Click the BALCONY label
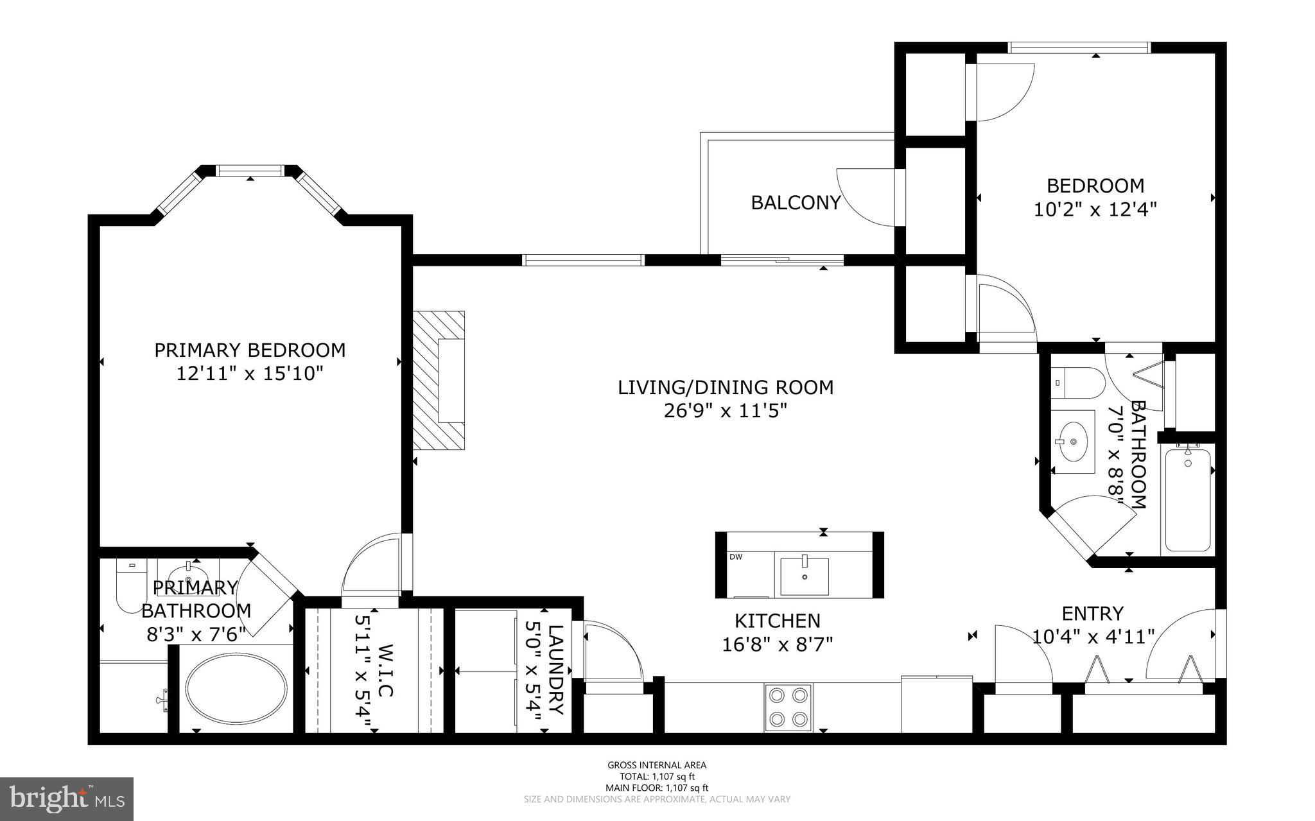coord(796,203)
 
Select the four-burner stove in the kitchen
coord(788,707)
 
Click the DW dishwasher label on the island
coord(736,557)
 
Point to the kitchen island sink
coord(805,576)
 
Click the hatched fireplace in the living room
coord(439,380)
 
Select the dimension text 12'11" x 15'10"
coord(249,373)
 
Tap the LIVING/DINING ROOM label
coord(726,387)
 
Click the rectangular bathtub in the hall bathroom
coord(1188,500)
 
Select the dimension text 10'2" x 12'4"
coord(1095,209)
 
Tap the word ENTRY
coord(1092,614)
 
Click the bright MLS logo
coord(67,799)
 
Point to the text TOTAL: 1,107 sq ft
coord(657,776)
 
